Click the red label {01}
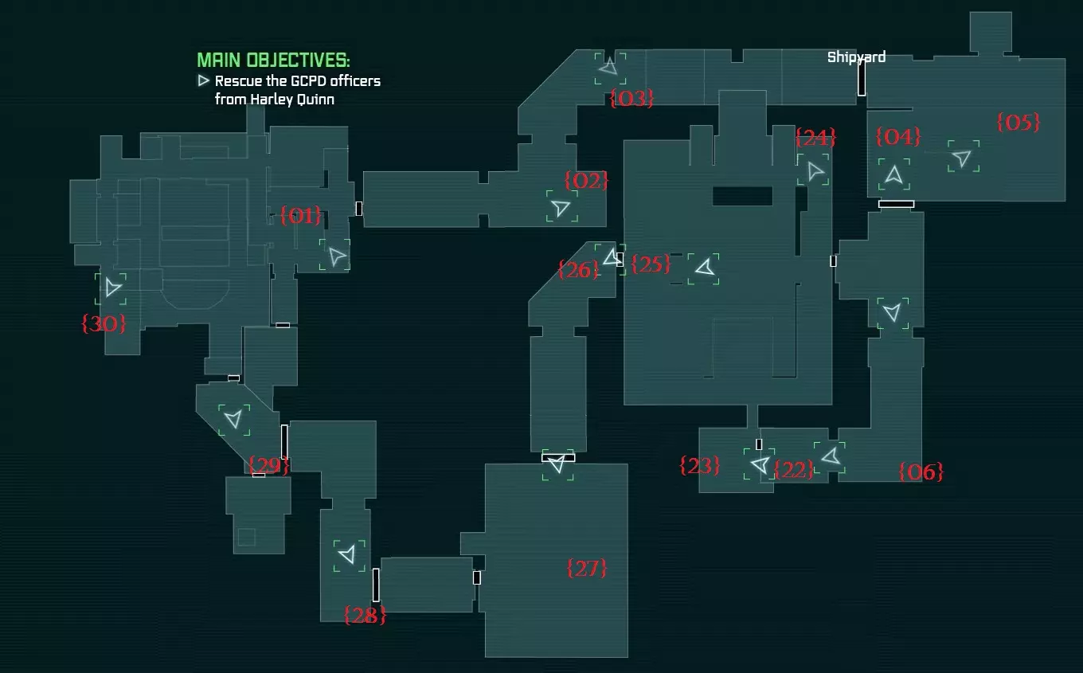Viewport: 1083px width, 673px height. pos(300,215)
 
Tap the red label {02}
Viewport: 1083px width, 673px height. pos(586,180)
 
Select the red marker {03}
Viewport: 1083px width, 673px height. pos(631,98)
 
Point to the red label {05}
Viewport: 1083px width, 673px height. pos(1018,122)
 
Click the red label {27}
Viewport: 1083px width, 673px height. pos(586,568)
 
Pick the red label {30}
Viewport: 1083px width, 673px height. pos(104,323)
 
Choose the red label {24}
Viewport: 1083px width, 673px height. pos(815,138)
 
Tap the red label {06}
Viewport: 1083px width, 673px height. pos(921,471)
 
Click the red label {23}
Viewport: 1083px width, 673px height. pos(700,466)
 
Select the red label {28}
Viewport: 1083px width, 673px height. pos(365,615)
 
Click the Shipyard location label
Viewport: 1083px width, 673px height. pos(856,57)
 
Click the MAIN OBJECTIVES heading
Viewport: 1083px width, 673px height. pos(273,60)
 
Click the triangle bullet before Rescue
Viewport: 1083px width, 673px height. pos(203,80)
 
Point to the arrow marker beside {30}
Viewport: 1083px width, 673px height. pos(112,288)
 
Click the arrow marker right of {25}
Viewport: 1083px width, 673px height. pos(705,268)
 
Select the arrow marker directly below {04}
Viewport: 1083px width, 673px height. pos(893,174)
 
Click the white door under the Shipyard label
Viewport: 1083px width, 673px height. pos(862,78)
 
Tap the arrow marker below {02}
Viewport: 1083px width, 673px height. pos(561,207)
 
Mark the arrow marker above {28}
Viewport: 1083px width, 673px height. pos(348,554)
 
